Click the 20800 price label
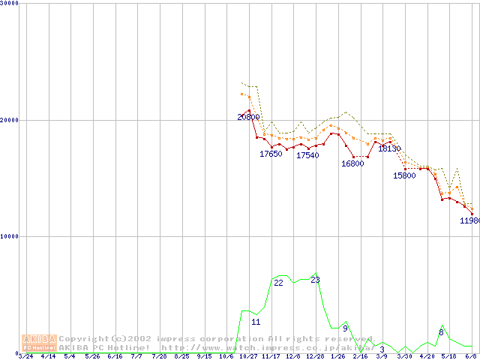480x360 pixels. coord(248,117)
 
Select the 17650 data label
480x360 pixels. coord(271,154)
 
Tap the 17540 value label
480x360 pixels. coord(307,155)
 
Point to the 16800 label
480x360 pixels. coord(352,163)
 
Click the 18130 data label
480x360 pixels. coord(388,148)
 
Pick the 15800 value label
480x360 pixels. coord(404,175)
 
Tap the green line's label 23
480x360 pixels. coord(315,280)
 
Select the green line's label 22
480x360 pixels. coord(278,283)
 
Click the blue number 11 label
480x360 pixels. coord(256,322)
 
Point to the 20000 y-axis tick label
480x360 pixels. coord(10,120)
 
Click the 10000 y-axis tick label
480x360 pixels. coord(10,236)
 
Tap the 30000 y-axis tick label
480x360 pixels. coord(10,4)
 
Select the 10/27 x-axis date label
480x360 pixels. coord(248,356)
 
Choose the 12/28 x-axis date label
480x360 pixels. coord(315,356)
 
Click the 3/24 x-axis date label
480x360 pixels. coord(25,356)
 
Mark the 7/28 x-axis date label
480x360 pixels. coord(159,356)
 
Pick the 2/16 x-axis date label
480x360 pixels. coord(360,356)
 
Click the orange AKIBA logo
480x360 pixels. coord(39,343)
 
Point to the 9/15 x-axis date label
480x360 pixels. coord(204,356)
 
